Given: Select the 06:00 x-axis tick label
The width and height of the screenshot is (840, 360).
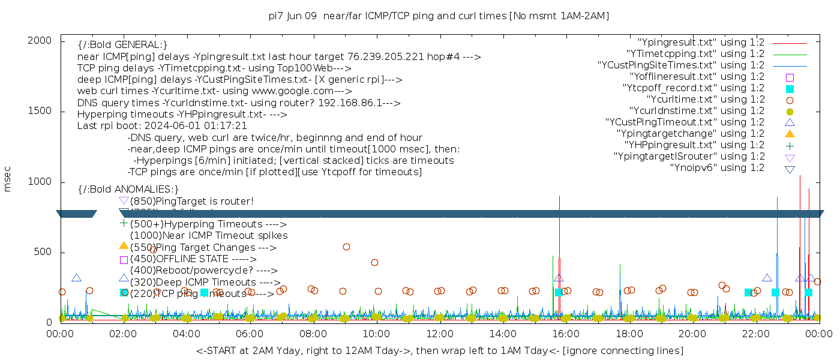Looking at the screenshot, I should (x=250, y=334).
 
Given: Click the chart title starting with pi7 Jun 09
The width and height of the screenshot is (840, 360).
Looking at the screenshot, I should (x=439, y=16).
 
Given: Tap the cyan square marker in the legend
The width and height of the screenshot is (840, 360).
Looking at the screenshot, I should (x=790, y=89).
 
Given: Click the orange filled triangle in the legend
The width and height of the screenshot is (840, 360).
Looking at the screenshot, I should (x=790, y=134).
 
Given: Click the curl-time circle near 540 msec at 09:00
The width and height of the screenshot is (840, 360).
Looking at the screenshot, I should (x=346, y=247).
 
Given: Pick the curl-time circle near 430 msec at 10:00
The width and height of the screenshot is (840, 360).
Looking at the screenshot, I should (x=374, y=262).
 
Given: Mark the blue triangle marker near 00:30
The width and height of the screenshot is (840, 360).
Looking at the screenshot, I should (x=76, y=278).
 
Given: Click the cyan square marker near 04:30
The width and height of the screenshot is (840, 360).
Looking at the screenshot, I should (x=204, y=292).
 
